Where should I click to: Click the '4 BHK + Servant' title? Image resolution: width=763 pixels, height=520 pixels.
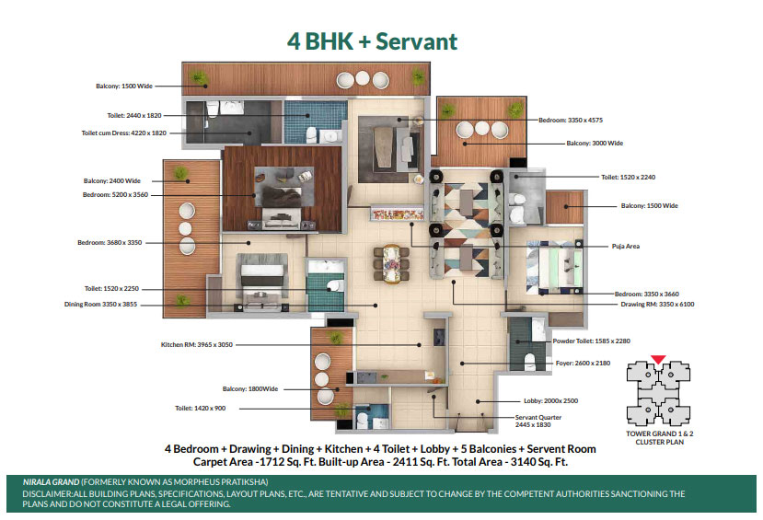[x=372, y=41]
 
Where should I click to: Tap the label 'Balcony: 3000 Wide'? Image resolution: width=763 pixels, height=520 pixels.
[x=595, y=143]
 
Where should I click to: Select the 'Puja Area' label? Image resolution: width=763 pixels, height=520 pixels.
[x=626, y=246]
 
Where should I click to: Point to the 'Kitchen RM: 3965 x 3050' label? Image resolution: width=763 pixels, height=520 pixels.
[x=197, y=344]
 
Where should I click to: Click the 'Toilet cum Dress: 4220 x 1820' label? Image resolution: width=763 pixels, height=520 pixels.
[x=123, y=133]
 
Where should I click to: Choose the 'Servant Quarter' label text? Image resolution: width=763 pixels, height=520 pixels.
[x=538, y=417]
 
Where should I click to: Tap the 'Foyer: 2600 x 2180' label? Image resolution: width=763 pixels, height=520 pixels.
[x=583, y=363]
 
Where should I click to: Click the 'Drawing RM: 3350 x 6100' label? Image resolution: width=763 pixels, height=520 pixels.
[x=657, y=304]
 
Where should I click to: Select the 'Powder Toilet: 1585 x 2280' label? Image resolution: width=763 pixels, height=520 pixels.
[x=591, y=341]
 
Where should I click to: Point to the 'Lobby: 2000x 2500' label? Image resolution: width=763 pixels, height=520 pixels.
[x=550, y=401]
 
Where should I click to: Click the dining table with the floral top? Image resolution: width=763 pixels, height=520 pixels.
[x=391, y=263]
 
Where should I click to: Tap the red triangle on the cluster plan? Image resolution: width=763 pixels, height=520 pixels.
[x=658, y=360]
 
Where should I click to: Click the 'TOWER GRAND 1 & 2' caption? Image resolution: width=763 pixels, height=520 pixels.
[x=659, y=433]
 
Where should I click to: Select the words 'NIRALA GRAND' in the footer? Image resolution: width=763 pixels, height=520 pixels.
[x=52, y=482]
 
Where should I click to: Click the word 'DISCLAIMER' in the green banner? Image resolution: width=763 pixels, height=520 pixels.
[x=47, y=493]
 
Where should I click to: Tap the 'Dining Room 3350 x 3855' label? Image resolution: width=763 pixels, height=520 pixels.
[x=100, y=304]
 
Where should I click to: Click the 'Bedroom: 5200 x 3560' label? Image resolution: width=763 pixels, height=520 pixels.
[x=115, y=194]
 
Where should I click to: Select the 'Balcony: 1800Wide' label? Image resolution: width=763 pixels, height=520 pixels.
[x=250, y=388]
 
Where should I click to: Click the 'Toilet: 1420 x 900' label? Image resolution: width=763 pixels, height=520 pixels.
[x=200, y=408]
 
